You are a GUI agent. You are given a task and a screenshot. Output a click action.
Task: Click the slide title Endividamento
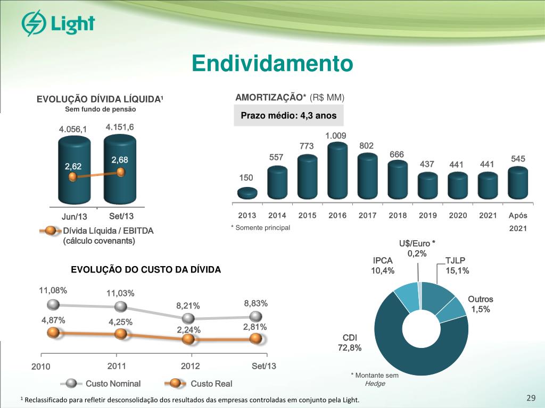[x=272, y=64]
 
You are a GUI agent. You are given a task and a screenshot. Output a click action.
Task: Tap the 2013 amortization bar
[x=247, y=193]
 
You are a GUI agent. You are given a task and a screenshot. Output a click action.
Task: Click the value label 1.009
[x=336, y=136]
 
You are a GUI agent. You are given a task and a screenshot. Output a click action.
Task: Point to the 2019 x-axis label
[x=427, y=215]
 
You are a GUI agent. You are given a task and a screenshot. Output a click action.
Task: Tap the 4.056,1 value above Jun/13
[x=72, y=129]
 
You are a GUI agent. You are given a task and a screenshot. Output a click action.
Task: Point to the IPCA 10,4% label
[x=383, y=266]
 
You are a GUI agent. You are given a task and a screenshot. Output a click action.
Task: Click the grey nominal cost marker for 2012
[x=188, y=318]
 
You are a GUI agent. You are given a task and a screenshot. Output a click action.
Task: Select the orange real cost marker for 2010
[x=53, y=333]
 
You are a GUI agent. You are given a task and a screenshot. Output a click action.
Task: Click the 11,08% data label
[x=53, y=291]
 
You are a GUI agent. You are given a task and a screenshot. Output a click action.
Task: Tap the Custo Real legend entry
[x=211, y=384]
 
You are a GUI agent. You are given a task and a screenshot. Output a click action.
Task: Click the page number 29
[x=530, y=399]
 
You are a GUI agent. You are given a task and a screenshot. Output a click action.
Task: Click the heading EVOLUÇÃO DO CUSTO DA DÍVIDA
[x=146, y=270]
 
